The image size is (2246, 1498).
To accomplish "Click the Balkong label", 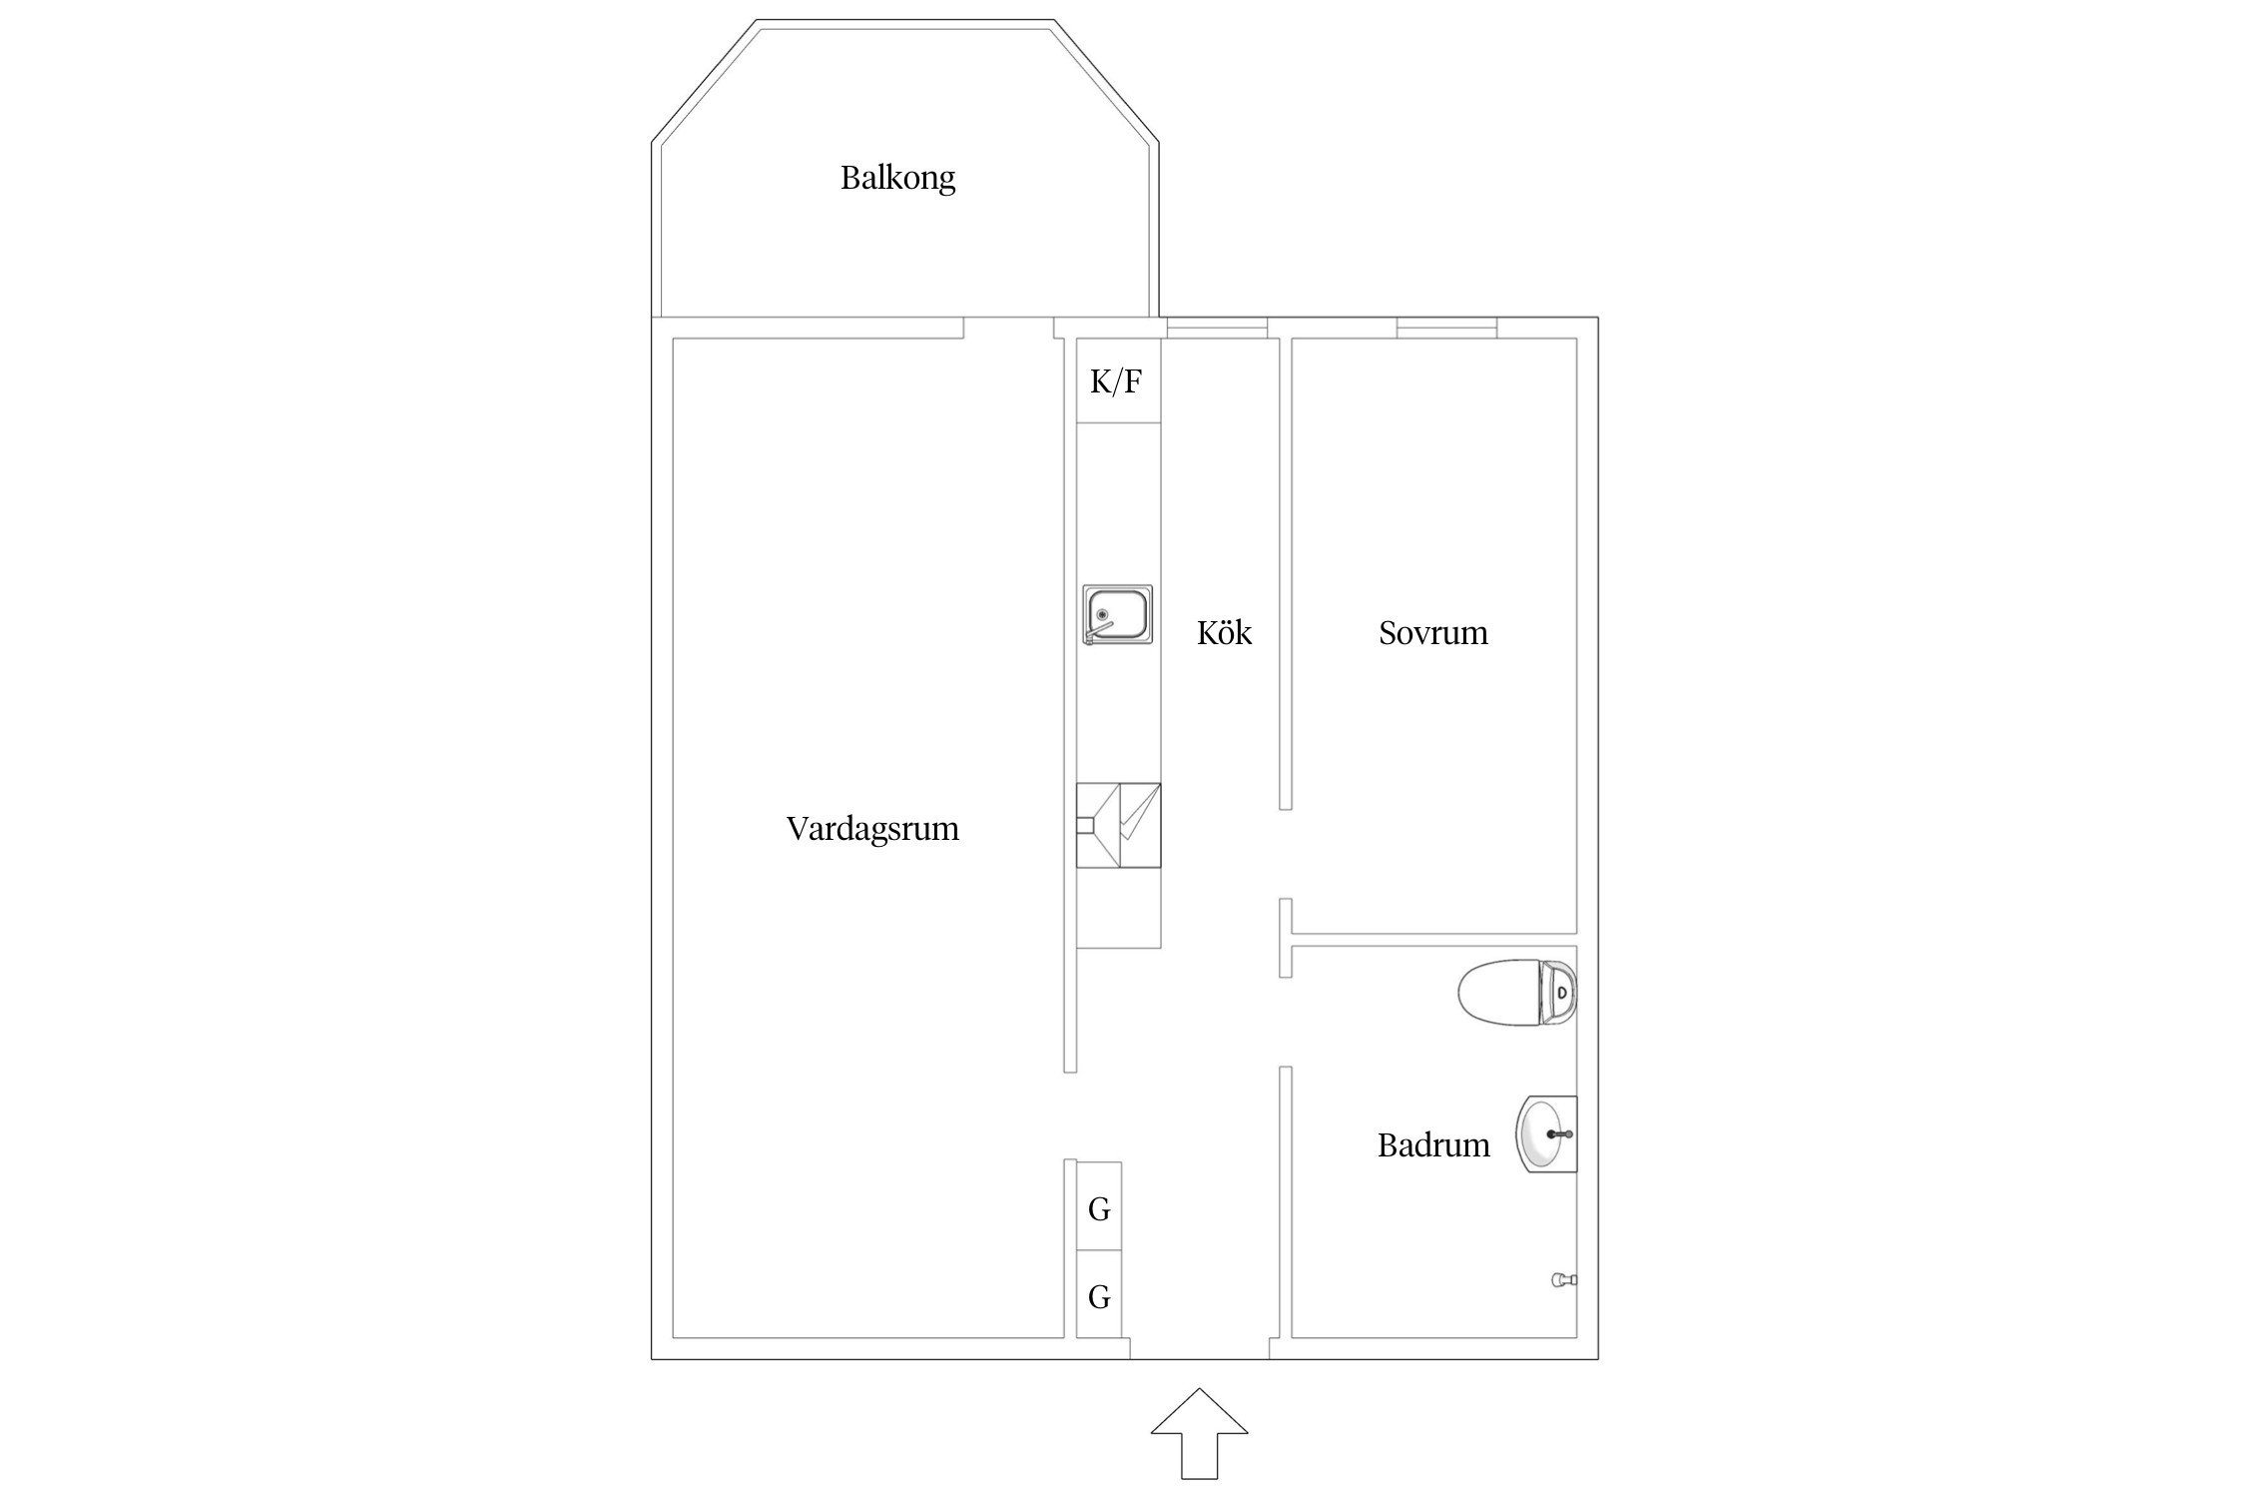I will [x=897, y=178].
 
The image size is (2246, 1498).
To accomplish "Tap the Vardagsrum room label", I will [x=871, y=829].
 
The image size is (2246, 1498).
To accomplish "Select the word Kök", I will [x=1224, y=633].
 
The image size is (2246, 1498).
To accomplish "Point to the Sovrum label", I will [x=1432, y=633].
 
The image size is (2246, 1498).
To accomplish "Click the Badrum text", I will [x=1432, y=1145].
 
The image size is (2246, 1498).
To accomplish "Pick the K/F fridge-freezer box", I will [x=1117, y=380].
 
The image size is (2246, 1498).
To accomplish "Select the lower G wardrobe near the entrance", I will [x=1099, y=1295].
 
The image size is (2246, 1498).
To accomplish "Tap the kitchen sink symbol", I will [x=1117, y=614].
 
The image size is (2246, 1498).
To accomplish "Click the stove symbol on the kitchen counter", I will [x=1118, y=825].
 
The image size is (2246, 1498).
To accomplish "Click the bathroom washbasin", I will [x=1546, y=1133].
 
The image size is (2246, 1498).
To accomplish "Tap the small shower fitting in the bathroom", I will [x=1562, y=1279].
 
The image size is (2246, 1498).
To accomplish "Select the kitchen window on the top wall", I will [x=1217, y=327].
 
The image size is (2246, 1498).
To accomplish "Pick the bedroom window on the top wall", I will [x=1446, y=327].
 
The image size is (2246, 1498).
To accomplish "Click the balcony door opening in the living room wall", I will [x=1008, y=328].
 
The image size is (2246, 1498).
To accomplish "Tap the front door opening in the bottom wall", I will [x=1199, y=1349].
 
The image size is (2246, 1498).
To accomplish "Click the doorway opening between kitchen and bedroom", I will [x=1286, y=854].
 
